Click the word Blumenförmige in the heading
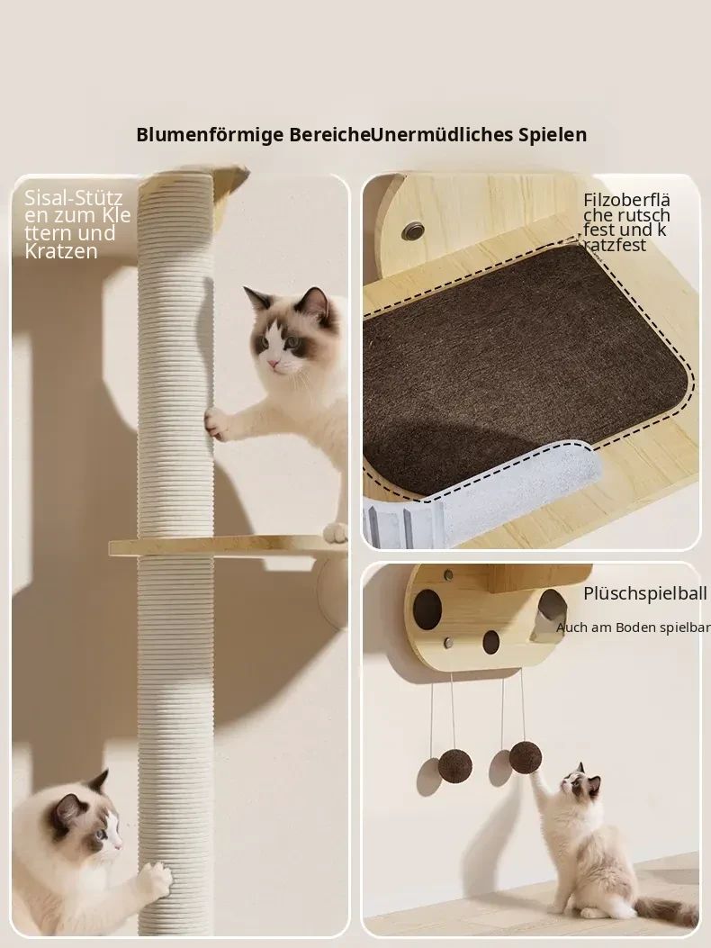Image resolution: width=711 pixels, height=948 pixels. tap(210, 135)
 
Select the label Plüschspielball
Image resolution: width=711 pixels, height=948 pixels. tap(644, 594)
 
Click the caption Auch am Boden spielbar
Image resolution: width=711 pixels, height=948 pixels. tap(633, 627)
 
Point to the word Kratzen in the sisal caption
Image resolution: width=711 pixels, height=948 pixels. tap(61, 251)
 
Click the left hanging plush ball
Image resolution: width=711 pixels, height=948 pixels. tap(454, 766)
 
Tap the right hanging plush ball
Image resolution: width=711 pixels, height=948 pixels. tap(525, 757)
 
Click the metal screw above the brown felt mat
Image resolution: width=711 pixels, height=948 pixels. tap(414, 230)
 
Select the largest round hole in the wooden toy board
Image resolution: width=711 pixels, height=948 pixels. tap(427, 609)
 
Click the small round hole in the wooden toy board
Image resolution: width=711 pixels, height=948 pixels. tap(490, 643)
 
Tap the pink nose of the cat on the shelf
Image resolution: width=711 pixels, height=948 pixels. tap(274, 364)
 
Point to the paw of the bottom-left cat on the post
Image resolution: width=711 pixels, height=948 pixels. tap(154, 880)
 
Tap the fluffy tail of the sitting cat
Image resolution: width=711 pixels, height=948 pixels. tap(666, 910)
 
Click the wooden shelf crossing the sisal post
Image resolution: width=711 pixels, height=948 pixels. tap(228, 547)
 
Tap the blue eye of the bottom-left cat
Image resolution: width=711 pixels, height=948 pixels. tap(101, 835)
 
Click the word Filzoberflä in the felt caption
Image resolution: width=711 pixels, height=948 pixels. tap(627, 200)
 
